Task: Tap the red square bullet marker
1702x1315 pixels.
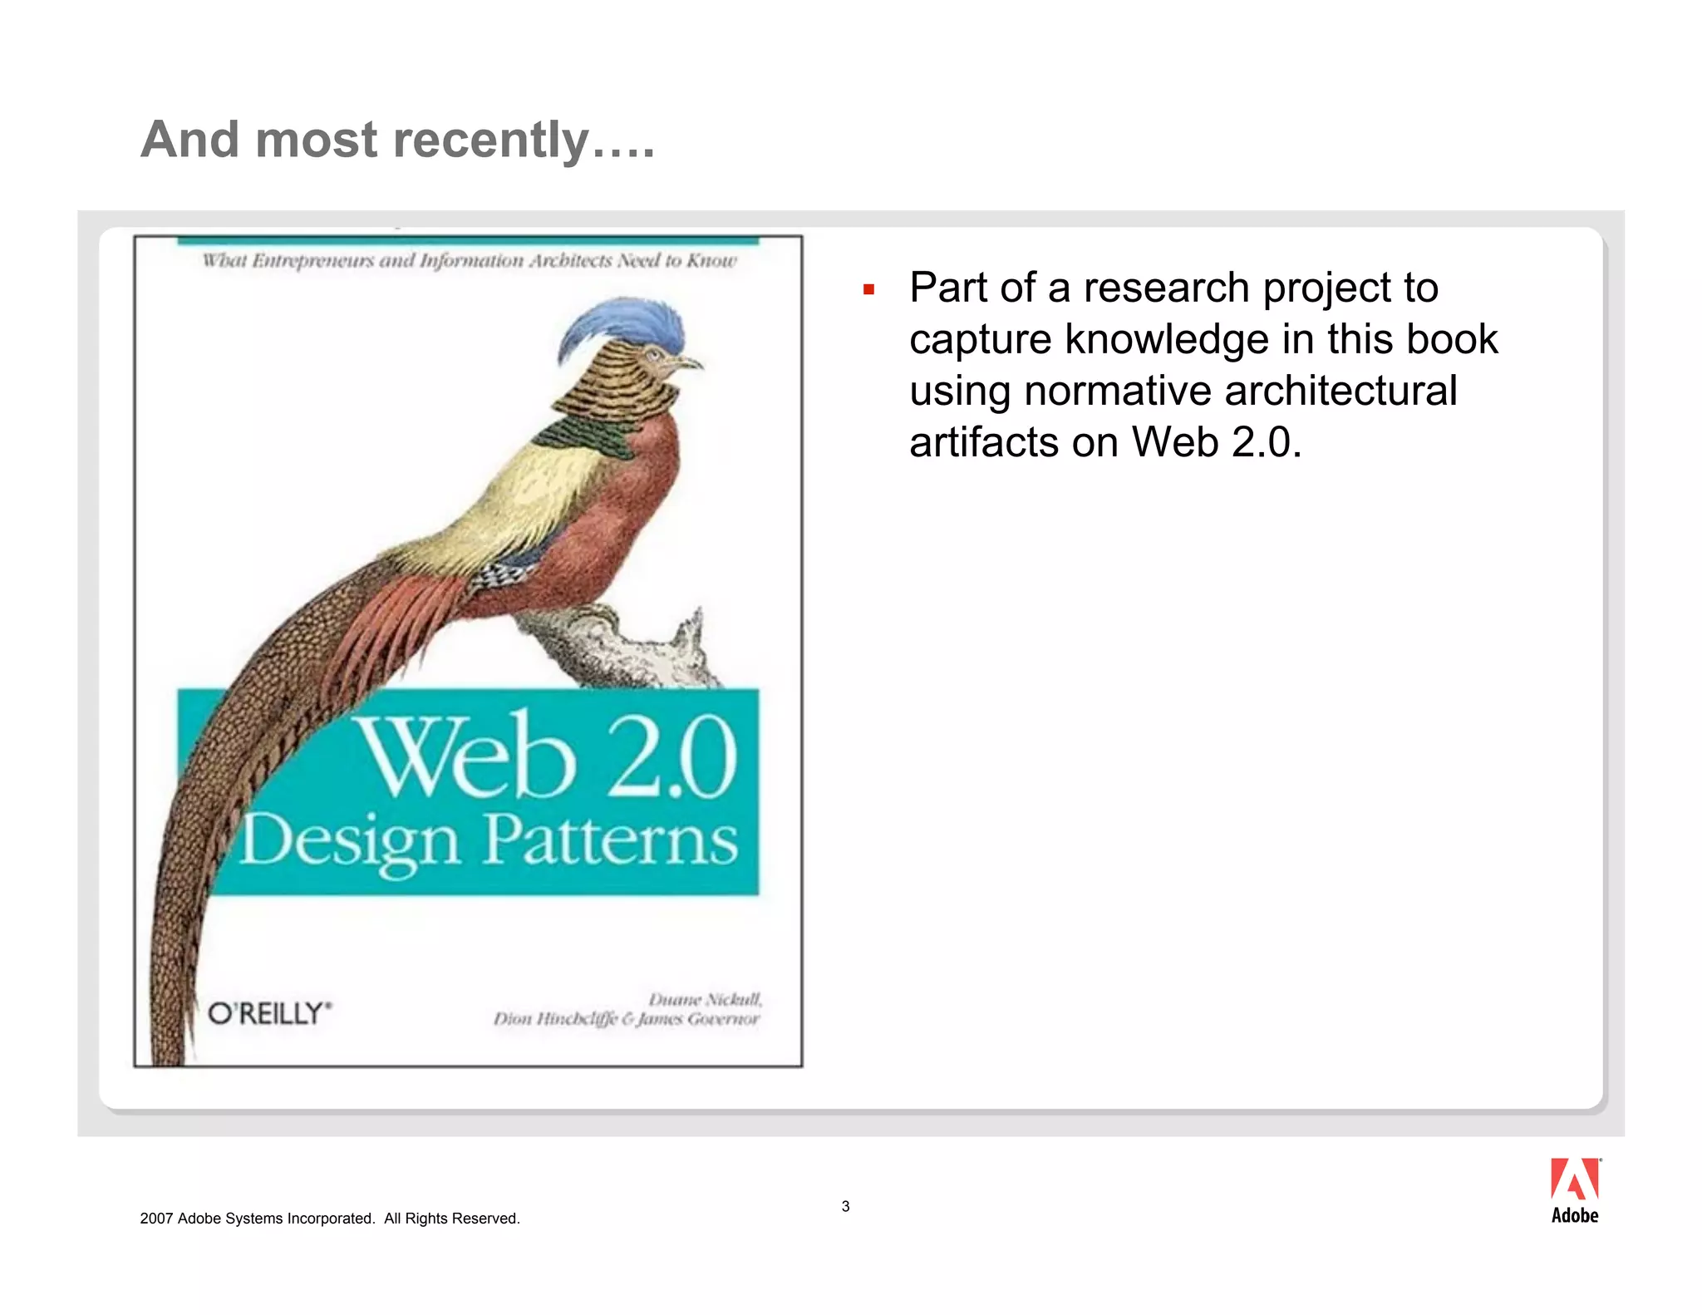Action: coord(868,290)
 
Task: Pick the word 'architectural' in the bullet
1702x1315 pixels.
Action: coord(1340,391)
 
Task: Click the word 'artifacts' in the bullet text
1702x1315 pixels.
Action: coord(983,442)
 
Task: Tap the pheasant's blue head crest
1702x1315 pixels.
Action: coord(622,325)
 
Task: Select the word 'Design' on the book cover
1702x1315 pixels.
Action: coord(350,841)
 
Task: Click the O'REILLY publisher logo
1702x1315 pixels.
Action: coord(269,1013)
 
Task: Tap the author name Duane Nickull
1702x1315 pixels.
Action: coord(705,998)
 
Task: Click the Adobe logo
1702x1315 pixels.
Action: coord(1574,1190)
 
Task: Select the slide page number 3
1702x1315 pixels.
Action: coord(845,1206)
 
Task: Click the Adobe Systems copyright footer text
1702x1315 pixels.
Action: coord(330,1219)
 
